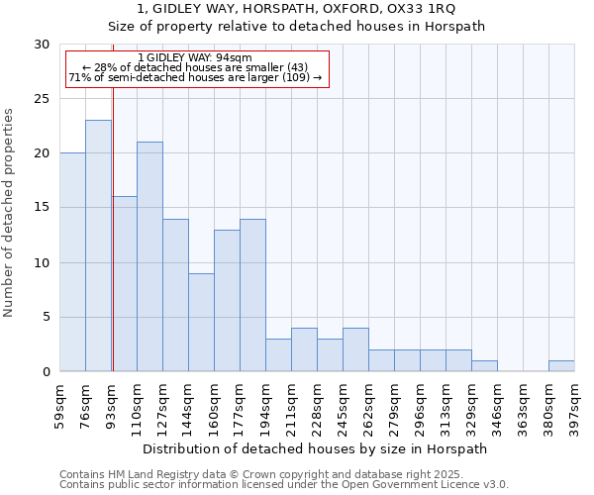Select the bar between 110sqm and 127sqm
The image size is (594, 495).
[149, 256]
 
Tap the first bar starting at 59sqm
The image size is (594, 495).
[72, 262]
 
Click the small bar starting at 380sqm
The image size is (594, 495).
[561, 365]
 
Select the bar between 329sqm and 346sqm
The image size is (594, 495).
[484, 365]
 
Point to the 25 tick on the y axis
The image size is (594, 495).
[43, 99]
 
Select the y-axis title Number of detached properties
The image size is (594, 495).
[10, 213]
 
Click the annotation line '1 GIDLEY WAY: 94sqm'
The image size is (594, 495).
[195, 57]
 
